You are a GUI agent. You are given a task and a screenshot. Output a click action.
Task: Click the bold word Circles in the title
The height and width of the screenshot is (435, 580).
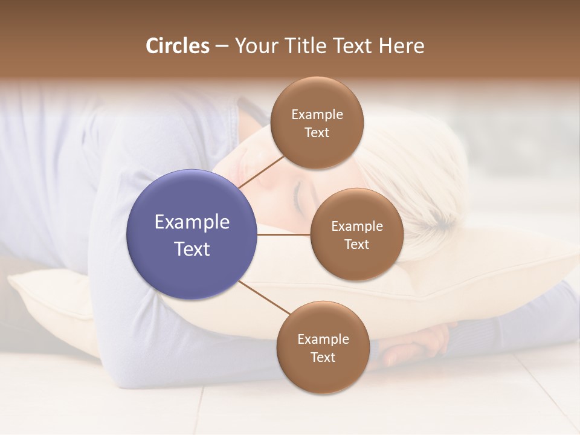[x=178, y=46]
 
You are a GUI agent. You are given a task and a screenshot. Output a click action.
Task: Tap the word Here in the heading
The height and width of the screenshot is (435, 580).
[x=401, y=46]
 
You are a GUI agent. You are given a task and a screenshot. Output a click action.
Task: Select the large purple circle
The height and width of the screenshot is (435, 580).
[x=192, y=234]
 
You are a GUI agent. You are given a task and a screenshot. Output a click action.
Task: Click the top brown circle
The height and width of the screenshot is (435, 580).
[x=317, y=123]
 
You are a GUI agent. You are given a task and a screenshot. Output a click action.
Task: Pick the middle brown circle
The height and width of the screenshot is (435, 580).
[x=356, y=234]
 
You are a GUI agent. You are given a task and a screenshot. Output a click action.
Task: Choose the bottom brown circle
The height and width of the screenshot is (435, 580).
[x=323, y=347]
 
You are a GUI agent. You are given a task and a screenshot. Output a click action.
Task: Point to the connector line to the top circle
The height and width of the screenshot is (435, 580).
[x=261, y=172]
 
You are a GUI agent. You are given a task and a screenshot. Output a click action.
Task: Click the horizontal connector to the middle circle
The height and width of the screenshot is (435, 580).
[x=284, y=234]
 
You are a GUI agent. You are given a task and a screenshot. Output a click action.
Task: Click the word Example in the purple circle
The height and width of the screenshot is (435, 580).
[x=192, y=222]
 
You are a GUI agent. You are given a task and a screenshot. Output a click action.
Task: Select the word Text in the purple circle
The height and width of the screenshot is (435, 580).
[x=192, y=248]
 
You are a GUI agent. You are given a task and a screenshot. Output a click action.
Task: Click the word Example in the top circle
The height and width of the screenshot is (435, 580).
[x=317, y=114]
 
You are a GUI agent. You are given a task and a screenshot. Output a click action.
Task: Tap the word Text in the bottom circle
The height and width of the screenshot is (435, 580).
[x=323, y=357]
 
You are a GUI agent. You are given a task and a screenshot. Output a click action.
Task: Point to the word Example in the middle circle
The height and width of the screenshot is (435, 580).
[x=356, y=226]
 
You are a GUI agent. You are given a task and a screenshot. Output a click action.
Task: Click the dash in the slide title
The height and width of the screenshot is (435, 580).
[x=222, y=47]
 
